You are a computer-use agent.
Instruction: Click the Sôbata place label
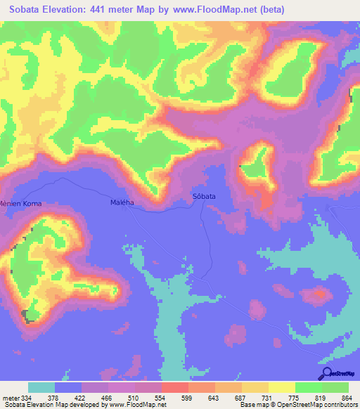[204, 197]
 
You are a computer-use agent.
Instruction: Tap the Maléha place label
[122, 202]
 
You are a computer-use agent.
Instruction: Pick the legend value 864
[345, 397]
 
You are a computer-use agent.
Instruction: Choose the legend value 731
[266, 397]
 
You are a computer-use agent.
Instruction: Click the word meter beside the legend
[11, 397]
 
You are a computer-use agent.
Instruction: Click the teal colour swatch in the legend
[41, 387]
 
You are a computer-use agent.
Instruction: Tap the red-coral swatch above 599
[174, 387]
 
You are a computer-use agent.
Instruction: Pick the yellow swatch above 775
[281, 387]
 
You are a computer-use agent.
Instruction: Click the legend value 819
[319, 397]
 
